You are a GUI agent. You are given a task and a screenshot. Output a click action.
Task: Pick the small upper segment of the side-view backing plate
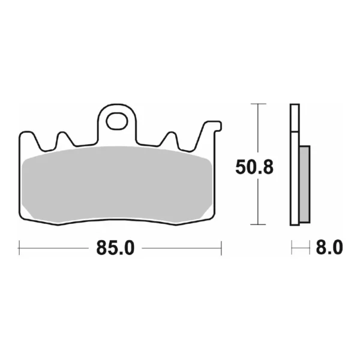point(294,118)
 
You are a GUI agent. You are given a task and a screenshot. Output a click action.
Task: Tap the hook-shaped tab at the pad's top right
point(213,127)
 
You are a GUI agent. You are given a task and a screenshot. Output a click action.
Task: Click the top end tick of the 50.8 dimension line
point(258,104)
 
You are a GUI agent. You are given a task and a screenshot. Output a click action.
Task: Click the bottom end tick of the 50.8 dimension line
point(258,225)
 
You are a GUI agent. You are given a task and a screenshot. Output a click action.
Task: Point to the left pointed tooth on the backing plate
point(62,138)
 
